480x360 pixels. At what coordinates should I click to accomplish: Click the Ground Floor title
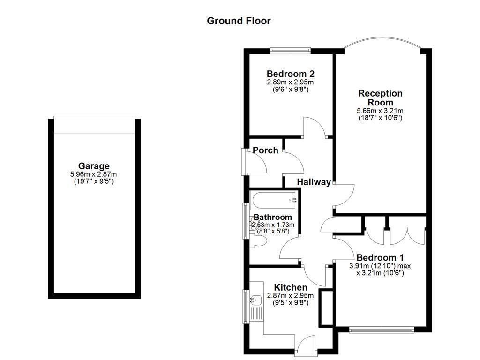pos(239,21)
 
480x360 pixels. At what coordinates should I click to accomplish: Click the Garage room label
pos(94,165)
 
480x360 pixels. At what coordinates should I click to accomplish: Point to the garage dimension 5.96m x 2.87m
pos(94,174)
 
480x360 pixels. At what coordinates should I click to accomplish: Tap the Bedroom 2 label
pos(290,74)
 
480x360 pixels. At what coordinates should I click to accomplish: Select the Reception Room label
pos(380,97)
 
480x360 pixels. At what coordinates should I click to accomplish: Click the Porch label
pos(265,150)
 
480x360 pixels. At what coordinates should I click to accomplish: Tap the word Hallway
pos(314,182)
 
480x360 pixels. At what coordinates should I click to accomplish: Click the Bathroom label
pos(273,217)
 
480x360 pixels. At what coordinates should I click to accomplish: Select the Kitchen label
pos(291,287)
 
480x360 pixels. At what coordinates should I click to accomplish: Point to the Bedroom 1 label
pos(380,257)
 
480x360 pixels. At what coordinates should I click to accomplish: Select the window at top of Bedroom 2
pos(290,49)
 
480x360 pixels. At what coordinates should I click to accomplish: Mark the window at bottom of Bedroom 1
pos(382,330)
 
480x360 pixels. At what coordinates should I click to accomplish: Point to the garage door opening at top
pos(94,124)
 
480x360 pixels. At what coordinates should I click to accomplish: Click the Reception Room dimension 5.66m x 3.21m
pos(380,111)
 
